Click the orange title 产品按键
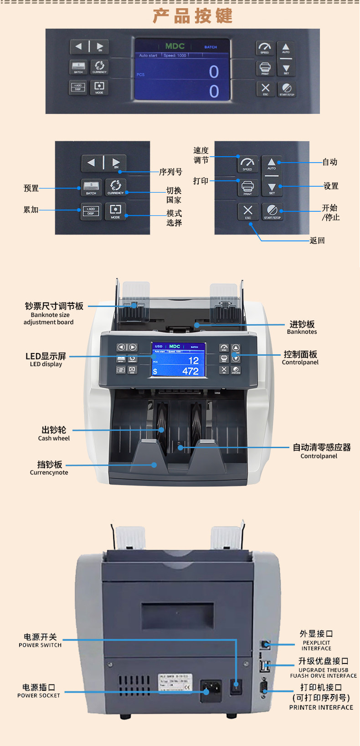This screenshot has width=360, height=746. pos(193,16)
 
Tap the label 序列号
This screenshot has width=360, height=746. pos(170,172)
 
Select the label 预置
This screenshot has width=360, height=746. pos(31,188)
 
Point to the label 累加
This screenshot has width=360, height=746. pos(31,209)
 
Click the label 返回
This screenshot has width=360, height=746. pos(317,240)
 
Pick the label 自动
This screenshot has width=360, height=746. pos(330,162)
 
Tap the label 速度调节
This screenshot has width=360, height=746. pos(201,155)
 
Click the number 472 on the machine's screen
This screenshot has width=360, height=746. pos(190,371)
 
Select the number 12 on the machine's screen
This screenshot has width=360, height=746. pos(193,360)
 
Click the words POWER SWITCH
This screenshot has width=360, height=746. pos(40,645)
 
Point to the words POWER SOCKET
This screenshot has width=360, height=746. pos(39,695)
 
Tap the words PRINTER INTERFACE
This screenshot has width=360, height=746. pos(321,707)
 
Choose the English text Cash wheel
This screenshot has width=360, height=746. pos(54,438)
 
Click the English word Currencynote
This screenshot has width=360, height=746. pos(49,472)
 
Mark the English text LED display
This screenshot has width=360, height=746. pos(46,364)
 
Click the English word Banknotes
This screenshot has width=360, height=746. pos(302,332)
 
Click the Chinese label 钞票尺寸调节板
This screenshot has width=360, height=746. pos(54,306)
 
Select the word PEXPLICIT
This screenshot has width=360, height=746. pos(316,643)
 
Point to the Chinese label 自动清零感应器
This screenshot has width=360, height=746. pos(322,447)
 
